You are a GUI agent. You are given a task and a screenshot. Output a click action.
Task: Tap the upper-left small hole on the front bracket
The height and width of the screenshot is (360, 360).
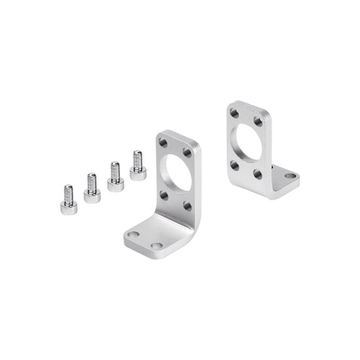point(163,143)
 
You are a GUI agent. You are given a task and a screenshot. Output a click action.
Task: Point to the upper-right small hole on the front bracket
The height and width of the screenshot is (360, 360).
point(187,152)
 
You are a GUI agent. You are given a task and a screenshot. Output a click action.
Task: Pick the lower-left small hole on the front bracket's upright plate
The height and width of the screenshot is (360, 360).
point(163,195)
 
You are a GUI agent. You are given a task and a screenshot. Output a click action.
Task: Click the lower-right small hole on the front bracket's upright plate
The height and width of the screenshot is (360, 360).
point(187,206)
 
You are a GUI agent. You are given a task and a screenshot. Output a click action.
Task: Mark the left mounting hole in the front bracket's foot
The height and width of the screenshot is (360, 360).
point(134,235)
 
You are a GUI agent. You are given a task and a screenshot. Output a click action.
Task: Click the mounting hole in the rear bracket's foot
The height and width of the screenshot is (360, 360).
point(290,176)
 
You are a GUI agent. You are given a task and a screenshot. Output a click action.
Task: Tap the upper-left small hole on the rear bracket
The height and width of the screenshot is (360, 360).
point(234,112)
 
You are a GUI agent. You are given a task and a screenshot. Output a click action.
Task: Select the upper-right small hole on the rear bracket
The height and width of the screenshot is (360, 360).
point(257,121)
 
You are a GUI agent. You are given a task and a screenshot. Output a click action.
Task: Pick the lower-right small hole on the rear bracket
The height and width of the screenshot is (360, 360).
point(257,174)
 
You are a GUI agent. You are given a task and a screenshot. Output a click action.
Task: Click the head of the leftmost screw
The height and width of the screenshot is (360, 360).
point(68,208)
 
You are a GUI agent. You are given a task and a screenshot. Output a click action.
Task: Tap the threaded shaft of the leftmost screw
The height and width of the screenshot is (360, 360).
point(68,193)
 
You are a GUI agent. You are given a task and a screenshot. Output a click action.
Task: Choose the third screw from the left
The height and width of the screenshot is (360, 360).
point(115,177)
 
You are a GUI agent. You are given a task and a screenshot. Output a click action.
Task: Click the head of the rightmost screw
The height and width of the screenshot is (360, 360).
point(138,174)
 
